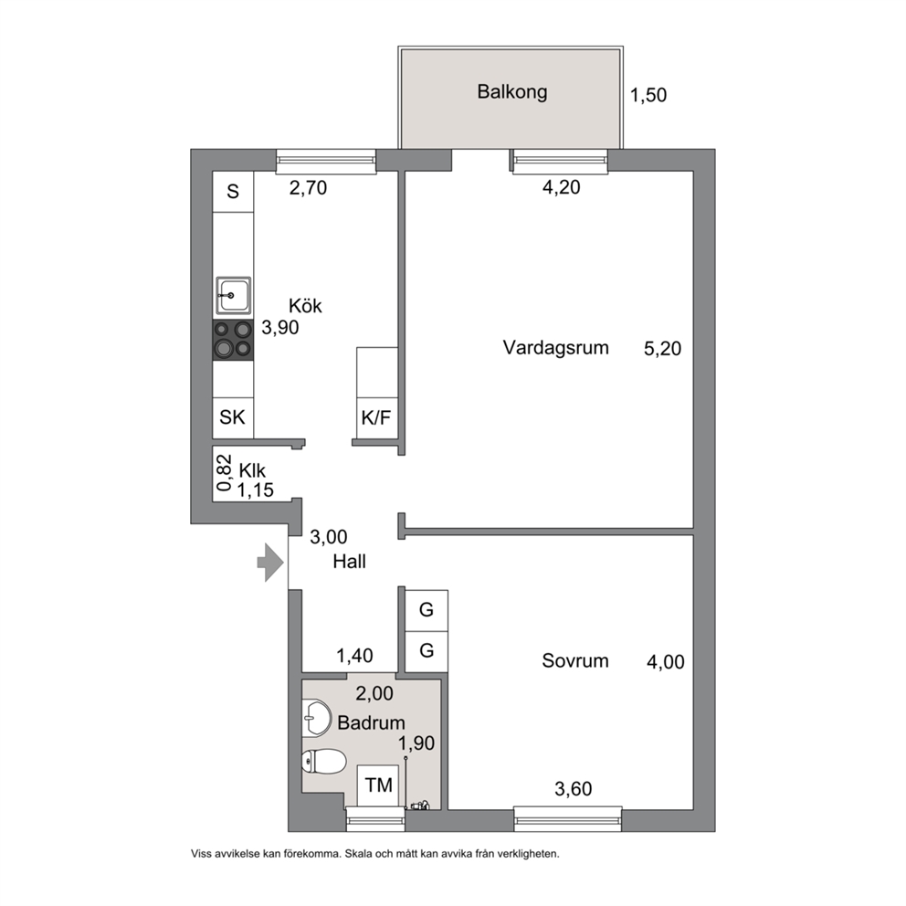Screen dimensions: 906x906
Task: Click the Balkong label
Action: pos(512,92)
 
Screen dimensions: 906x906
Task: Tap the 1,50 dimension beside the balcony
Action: pos(648,95)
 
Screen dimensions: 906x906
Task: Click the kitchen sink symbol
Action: pos(234,295)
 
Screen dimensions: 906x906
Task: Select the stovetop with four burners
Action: pos(233,340)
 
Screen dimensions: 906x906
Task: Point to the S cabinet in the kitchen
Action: pos(233,191)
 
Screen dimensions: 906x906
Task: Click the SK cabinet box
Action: pos(233,417)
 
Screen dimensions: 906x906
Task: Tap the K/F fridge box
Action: pos(376,417)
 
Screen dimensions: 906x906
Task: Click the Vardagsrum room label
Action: pos(556,348)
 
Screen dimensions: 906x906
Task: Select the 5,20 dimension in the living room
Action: pos(663,348)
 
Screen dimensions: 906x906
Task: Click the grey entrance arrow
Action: pos(270,563)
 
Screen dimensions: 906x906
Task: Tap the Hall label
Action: pos(349,562)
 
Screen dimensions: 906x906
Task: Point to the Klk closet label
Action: pos(252,470)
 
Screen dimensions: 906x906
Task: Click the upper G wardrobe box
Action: pos(427,610)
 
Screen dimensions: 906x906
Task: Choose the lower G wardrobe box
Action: pos(427,651)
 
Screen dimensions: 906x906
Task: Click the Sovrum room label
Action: pos(574,661)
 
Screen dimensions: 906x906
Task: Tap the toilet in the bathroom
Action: pos(324,761)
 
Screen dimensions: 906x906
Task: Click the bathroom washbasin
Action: pos(317,718)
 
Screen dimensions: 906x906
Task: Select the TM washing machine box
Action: pos(378,785)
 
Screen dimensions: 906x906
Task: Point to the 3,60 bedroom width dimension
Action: pos(574,789)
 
